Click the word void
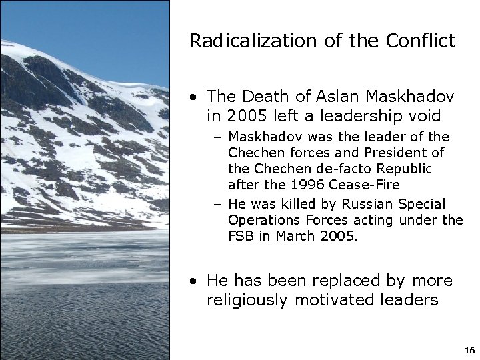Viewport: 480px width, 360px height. coord(423,115)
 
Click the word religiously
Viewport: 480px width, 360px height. coord(248,300)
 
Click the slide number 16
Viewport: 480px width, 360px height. coord(469,350)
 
